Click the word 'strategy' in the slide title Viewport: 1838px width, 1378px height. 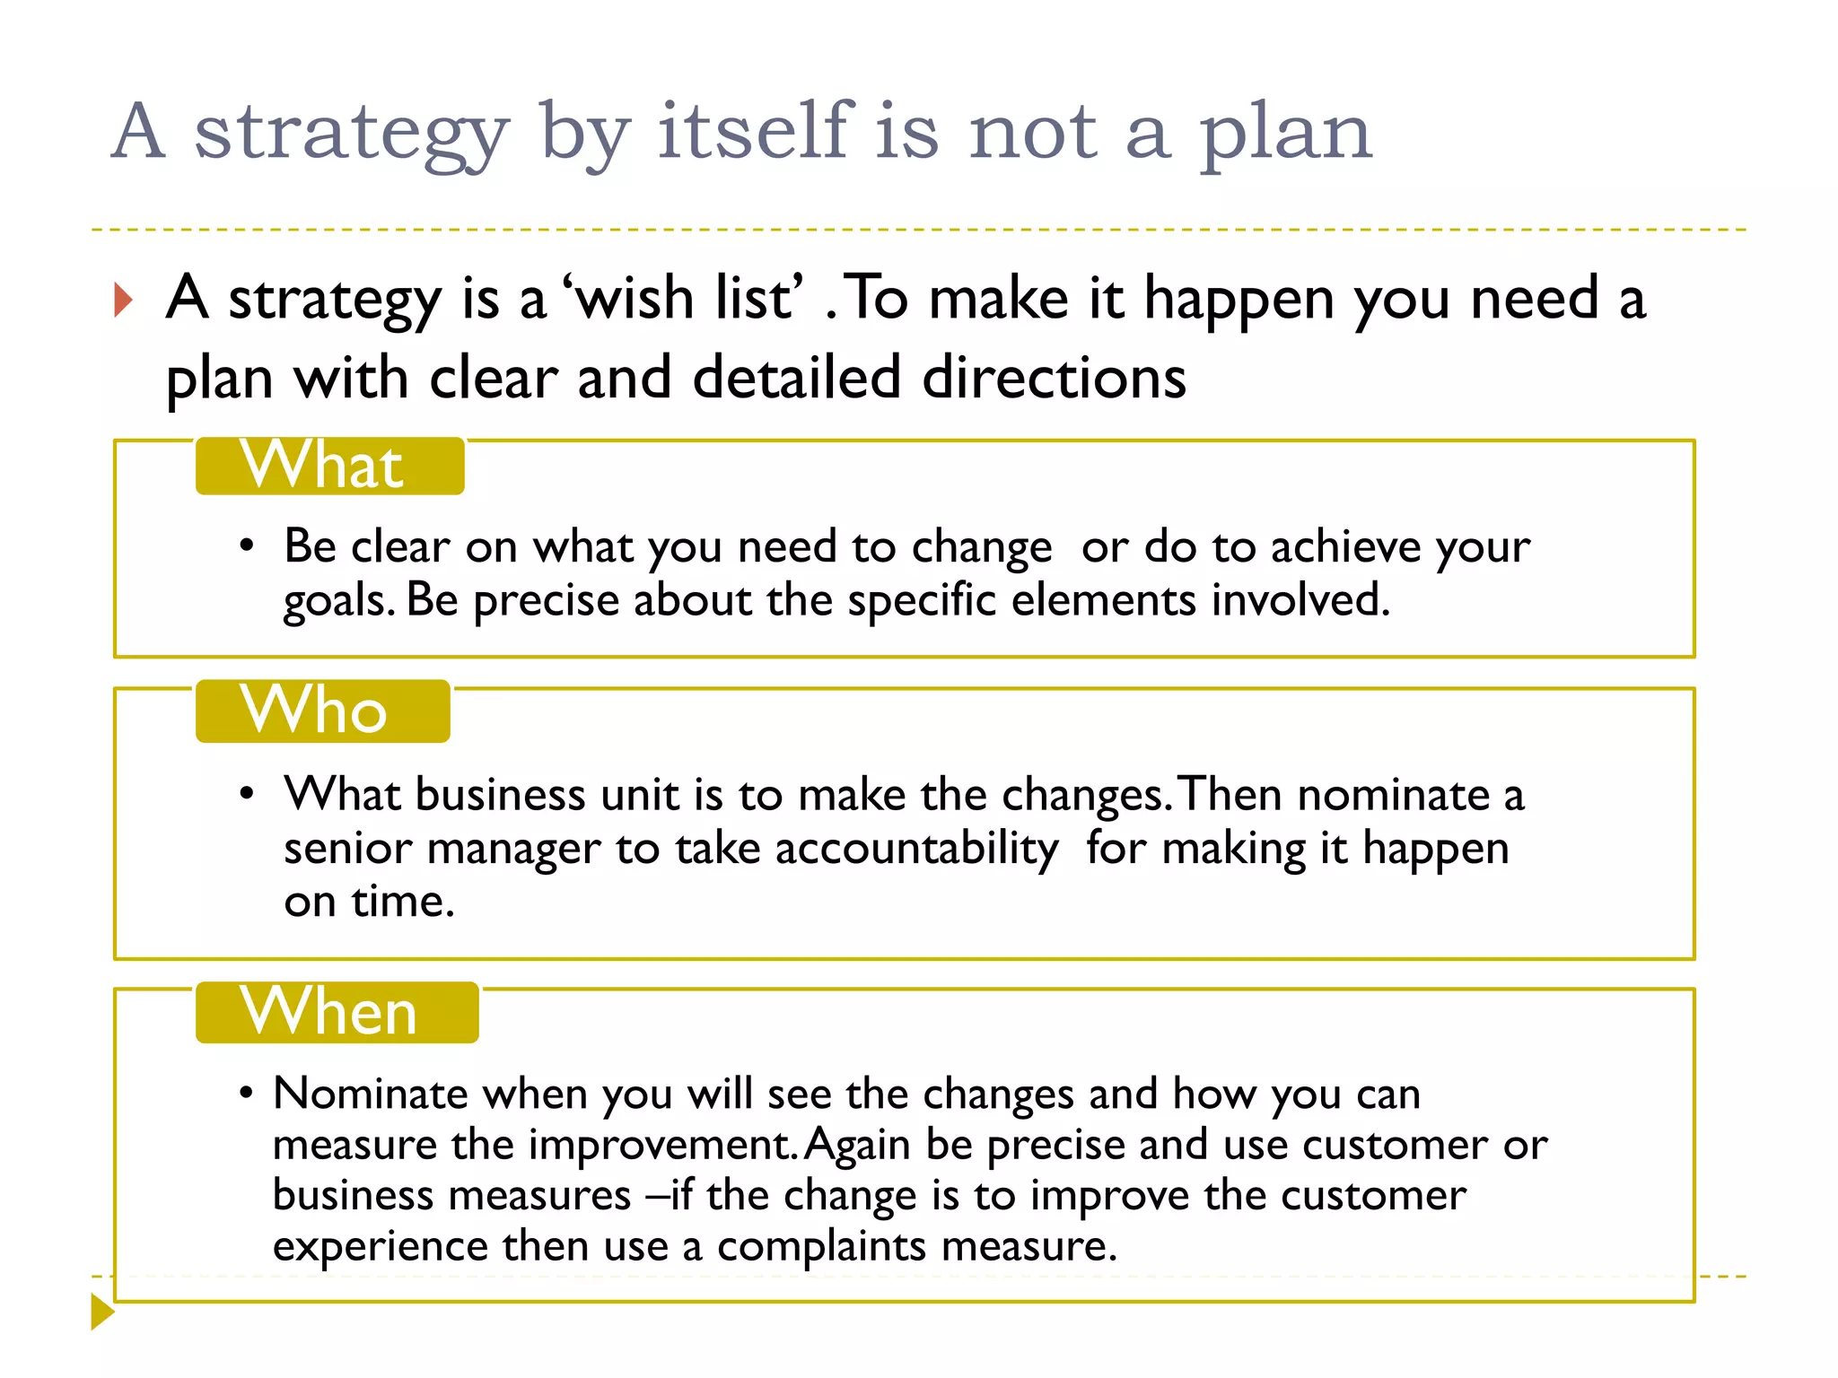(352, 133)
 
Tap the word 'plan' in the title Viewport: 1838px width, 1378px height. (1285, 133)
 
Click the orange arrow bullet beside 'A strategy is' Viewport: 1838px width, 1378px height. (124, 300)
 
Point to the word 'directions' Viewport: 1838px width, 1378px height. (1054, 377)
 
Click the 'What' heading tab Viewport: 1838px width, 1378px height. (329, 466)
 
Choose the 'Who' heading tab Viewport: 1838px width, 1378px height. (322, 711)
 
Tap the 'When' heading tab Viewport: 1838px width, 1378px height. (337, 1012)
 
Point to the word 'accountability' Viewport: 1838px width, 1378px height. (916, 849)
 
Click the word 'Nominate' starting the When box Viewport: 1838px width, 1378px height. (370, 1094)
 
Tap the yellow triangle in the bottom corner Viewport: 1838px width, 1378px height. (102, 1312)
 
